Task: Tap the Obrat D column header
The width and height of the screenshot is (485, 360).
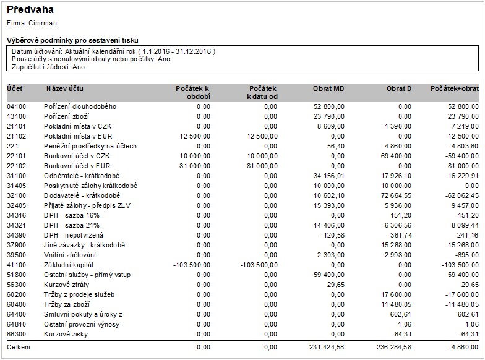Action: [x=399, y=88]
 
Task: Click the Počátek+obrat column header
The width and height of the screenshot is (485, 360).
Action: [x=455, y=88]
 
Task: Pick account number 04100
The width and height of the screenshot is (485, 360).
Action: [x=16, y=106]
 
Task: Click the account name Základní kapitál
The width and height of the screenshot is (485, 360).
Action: [x=70, y=265]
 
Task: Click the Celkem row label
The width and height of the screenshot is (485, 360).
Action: [x=19, y=348]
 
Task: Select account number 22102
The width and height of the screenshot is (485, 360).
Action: [x=16, y=166]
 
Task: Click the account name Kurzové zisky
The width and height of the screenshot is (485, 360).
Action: [x=66, y=334]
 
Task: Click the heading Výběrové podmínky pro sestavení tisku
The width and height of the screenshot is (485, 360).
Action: [x=72, y=40]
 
